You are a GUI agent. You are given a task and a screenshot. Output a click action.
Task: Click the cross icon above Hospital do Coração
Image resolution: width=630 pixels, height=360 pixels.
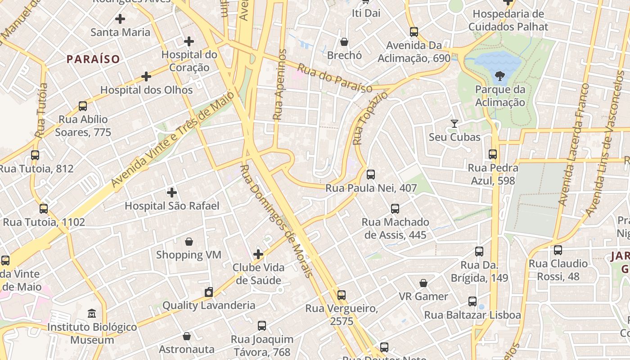tap(189, 42)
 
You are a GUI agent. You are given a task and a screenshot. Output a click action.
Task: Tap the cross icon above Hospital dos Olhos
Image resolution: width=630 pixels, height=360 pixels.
tap(146, 76)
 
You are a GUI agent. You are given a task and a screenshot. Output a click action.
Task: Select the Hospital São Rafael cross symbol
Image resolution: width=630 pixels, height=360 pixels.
tap(172, 193)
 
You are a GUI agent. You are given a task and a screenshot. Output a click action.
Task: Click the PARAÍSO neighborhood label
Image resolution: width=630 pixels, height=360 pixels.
tap(94, 59)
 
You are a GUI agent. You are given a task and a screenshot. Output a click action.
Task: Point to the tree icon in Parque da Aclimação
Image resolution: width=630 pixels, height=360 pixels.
tap(499, 76)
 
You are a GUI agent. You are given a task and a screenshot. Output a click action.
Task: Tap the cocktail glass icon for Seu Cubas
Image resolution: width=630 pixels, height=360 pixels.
tap(454, 123)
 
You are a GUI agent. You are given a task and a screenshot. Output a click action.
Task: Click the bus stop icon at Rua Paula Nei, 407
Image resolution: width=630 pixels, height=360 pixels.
tap(371, 175)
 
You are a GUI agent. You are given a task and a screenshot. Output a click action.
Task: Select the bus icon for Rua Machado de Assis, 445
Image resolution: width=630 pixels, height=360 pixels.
tap(395, 209)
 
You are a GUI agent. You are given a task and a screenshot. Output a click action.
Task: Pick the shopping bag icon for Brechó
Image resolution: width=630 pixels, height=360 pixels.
tap(344, 42)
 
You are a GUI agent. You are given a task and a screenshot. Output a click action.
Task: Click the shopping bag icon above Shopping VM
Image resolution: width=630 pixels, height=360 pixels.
tap(189, 242)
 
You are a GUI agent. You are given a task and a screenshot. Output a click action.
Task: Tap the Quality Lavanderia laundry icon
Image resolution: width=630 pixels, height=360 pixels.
tap(208, 292)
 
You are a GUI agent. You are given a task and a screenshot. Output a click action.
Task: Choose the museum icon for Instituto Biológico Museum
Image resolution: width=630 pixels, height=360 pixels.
tap(92, 313)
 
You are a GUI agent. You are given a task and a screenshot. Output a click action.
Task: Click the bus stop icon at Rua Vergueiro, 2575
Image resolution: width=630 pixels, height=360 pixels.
tap(342, 295)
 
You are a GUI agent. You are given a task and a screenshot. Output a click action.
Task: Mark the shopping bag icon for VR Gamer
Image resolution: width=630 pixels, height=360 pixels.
tap(423, 283)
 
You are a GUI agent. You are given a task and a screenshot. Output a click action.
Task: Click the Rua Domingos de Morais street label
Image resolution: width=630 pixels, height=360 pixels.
tap(275, 220)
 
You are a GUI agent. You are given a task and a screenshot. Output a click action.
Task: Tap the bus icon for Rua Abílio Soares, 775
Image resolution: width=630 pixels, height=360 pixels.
tap(83, 106)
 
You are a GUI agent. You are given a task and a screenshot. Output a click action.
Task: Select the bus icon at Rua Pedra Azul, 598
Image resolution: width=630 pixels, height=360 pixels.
tap(493, 154)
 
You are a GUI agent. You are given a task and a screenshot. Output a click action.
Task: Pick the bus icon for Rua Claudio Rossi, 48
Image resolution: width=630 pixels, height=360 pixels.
tap(558, 250)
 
